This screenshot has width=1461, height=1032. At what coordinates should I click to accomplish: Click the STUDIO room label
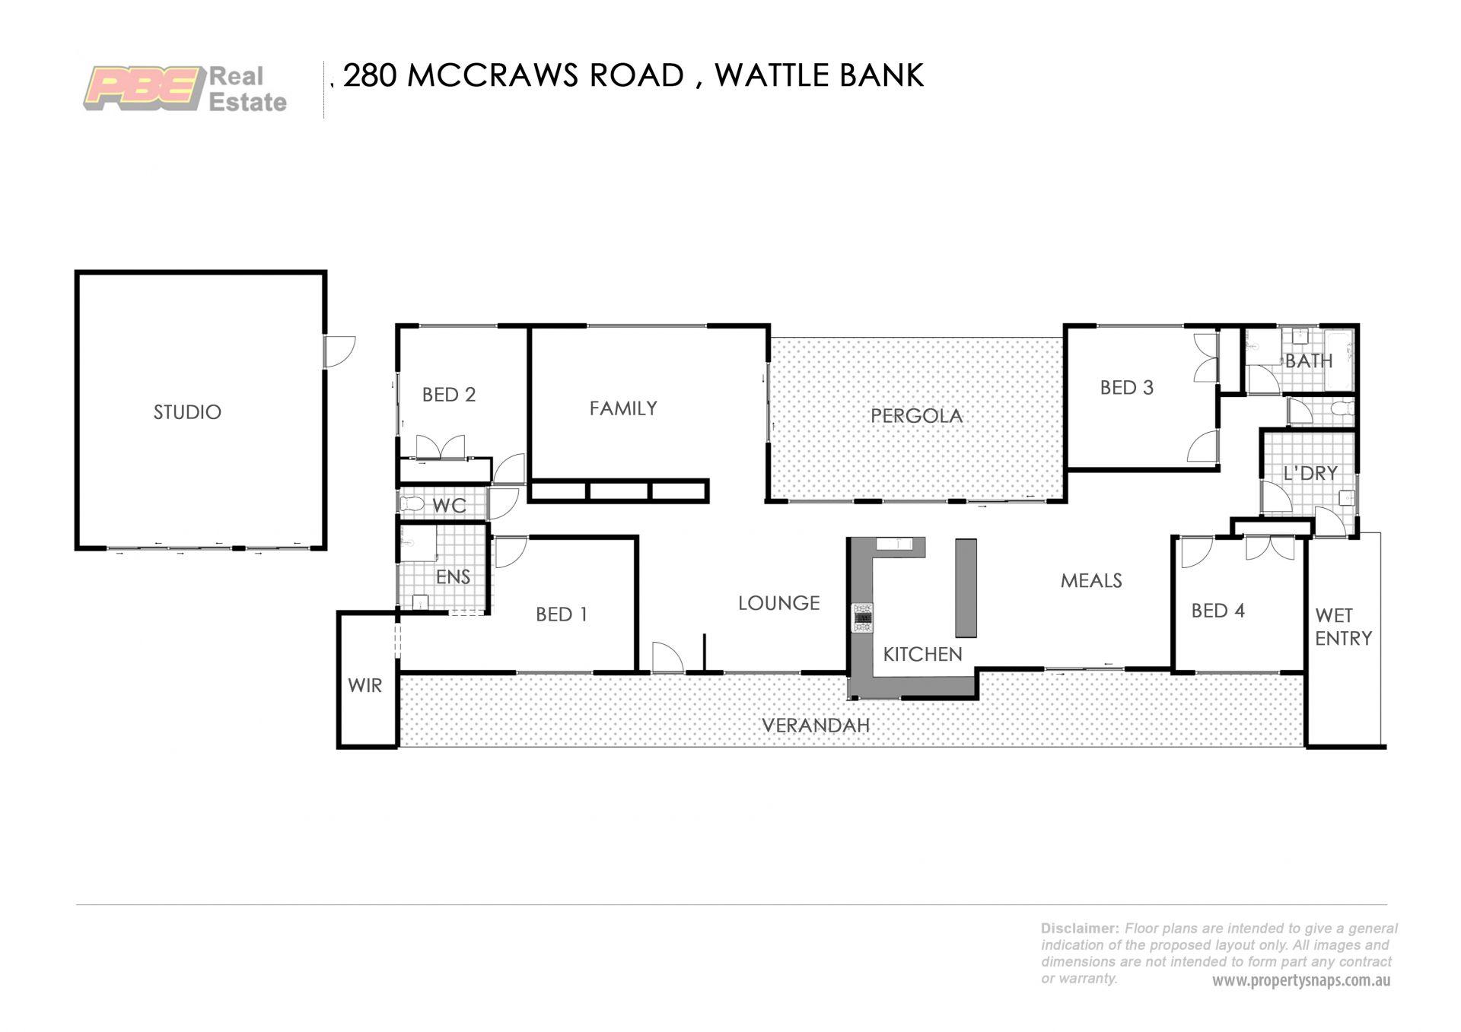[187, 412]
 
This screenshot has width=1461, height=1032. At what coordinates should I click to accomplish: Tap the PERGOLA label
[916, 416]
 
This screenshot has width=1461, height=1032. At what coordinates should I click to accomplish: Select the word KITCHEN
[922, 654]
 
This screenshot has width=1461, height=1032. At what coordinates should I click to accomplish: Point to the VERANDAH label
[816, 726]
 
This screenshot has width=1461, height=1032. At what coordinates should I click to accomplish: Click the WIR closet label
[365, 685]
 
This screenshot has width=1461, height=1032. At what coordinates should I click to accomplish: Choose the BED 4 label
[1217, 611]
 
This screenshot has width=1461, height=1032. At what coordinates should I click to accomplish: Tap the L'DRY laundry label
[1310, 473]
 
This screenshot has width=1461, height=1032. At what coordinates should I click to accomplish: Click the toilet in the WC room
[412, 503]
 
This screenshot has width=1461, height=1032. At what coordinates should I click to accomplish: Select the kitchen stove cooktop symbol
[862, 618]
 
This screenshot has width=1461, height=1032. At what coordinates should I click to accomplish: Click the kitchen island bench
[966, 588]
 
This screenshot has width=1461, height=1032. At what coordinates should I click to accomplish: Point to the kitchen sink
[894, 543]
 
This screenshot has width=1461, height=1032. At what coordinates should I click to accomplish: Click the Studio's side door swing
[339, 352]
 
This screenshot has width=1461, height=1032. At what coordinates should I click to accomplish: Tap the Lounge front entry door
[668, 658]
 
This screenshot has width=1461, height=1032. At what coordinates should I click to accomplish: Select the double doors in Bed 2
[440, 447]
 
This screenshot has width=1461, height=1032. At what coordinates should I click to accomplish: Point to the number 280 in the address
[370, 75]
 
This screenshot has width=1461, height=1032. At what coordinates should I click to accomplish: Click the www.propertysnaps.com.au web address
[1301, 980]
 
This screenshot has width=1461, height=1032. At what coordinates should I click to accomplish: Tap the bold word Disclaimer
[1080, 929]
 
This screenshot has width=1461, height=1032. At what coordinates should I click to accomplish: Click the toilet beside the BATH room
[1343, 409]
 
